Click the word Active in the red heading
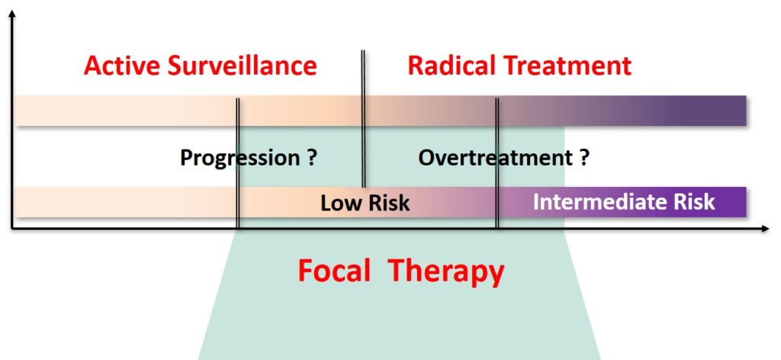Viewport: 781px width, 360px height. pyautogui.click(x=122, y=66)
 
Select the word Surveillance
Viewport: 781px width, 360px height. pyautogui.click(x=242, y=66)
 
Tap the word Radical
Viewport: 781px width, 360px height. pyautogui.click(x=452, y=66)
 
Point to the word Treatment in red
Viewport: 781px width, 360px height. pyautogui.click(x=567, y=66)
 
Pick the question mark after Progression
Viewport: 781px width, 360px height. pyautogui.click(x=312, y=157)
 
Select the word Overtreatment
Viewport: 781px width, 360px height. pyautogui.click(x=496, y=158)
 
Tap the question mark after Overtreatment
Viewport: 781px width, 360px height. pyautogui.click(x=584, y=157)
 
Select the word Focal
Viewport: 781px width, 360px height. pyautogui.click(x=334, y=271)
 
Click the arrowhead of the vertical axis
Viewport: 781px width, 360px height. pyautogui.click(x=12, y=14)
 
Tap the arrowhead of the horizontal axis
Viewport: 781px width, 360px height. pyautogui.click(x=765, y=229)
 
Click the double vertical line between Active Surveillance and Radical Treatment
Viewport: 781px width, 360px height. pyautogui.click(x=363, y=118)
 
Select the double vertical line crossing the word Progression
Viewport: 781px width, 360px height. pyautogui.click(x=238, y=163)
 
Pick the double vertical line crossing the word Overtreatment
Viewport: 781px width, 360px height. pyautogui.click(x=497, y=163)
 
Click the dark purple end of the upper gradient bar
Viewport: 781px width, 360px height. pyautogui.click(x=717, y=111)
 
